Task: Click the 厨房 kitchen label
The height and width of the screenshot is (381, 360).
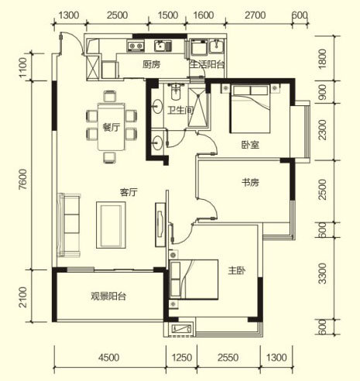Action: (152, 64)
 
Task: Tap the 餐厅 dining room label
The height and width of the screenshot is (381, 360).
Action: (111, 127)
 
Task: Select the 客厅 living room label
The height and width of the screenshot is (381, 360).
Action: (129, 192)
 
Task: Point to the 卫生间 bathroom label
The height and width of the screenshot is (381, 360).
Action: (180, 110)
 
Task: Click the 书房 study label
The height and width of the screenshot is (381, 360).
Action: (250, 183)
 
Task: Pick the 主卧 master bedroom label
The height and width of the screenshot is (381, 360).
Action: (237, 270)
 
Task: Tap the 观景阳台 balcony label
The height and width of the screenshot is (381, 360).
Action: (108, 296)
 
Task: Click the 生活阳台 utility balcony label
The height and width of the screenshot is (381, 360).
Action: (207, 64)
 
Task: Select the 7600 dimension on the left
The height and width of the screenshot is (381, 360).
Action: (22, 179)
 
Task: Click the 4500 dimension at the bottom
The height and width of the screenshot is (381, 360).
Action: (108, 358)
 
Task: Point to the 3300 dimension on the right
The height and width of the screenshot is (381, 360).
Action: (322, 273)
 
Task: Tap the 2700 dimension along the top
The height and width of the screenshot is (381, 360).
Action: (255, 15)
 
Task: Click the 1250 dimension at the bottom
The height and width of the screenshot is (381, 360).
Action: (182, 358)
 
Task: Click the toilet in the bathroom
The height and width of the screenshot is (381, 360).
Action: (177, 91)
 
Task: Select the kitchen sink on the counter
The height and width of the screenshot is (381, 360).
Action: (163, 46)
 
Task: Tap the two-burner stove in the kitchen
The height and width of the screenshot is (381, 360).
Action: (135, 46)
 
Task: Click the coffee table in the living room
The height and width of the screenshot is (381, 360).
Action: (111, 225)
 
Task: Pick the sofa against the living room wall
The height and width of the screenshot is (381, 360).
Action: (69, 225)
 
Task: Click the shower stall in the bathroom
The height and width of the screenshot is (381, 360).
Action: (197, 108)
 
